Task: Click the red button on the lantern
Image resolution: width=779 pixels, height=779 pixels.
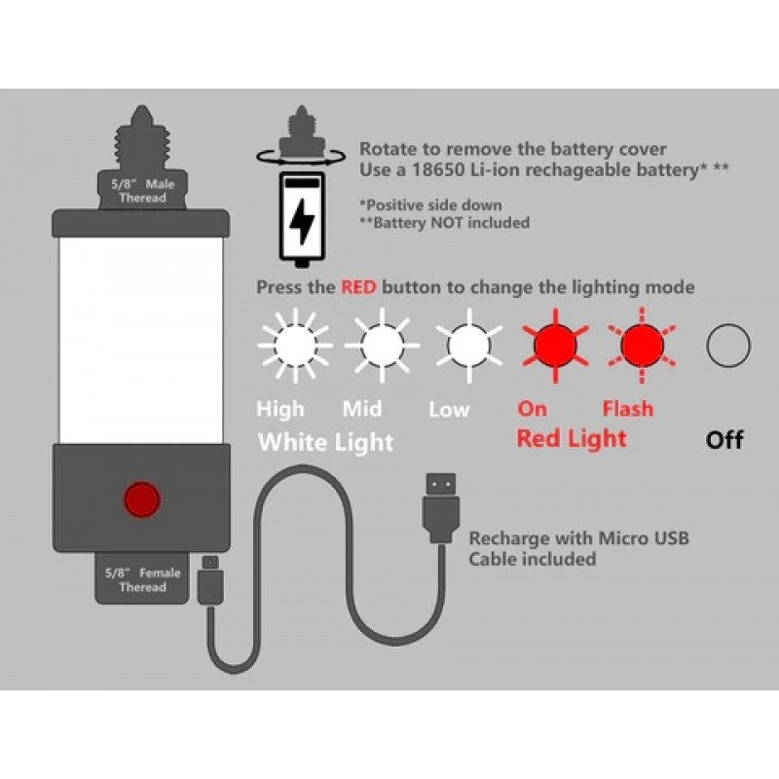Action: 141,500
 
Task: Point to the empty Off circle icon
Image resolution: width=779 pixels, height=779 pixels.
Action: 727,345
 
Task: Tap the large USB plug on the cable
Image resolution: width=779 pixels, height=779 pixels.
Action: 440,506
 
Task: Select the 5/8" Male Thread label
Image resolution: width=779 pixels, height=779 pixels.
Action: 142,191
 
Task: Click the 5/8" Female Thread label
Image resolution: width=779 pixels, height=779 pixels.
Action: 142,579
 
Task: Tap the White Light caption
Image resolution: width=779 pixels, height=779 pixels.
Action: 325,442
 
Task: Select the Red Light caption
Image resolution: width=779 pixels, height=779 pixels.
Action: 571,438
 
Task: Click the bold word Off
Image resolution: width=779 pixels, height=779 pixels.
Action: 724,440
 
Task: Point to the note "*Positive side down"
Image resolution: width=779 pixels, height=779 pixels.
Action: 430,204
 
